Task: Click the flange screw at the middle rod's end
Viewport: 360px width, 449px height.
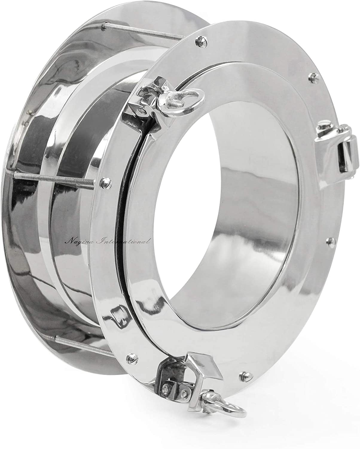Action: pyautogui.click(x=106, y=180)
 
